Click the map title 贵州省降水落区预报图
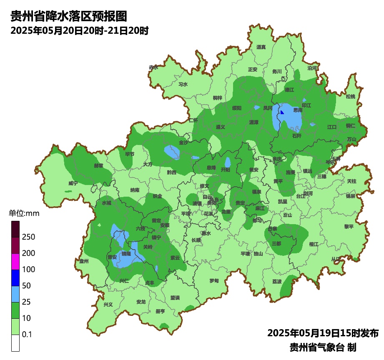point(68,16)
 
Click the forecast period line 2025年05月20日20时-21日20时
point(79,31)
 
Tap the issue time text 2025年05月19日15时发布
point(323,333)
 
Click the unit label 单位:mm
point(24,214)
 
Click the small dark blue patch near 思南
point(282,112)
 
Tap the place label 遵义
point(221,127)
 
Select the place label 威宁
point(73,183)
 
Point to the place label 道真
point(261,47)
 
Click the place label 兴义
point(108,305)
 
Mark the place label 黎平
point(349,227)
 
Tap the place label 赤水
point(153,67)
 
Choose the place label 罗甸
point(214,280)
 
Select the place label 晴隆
point(126,254)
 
